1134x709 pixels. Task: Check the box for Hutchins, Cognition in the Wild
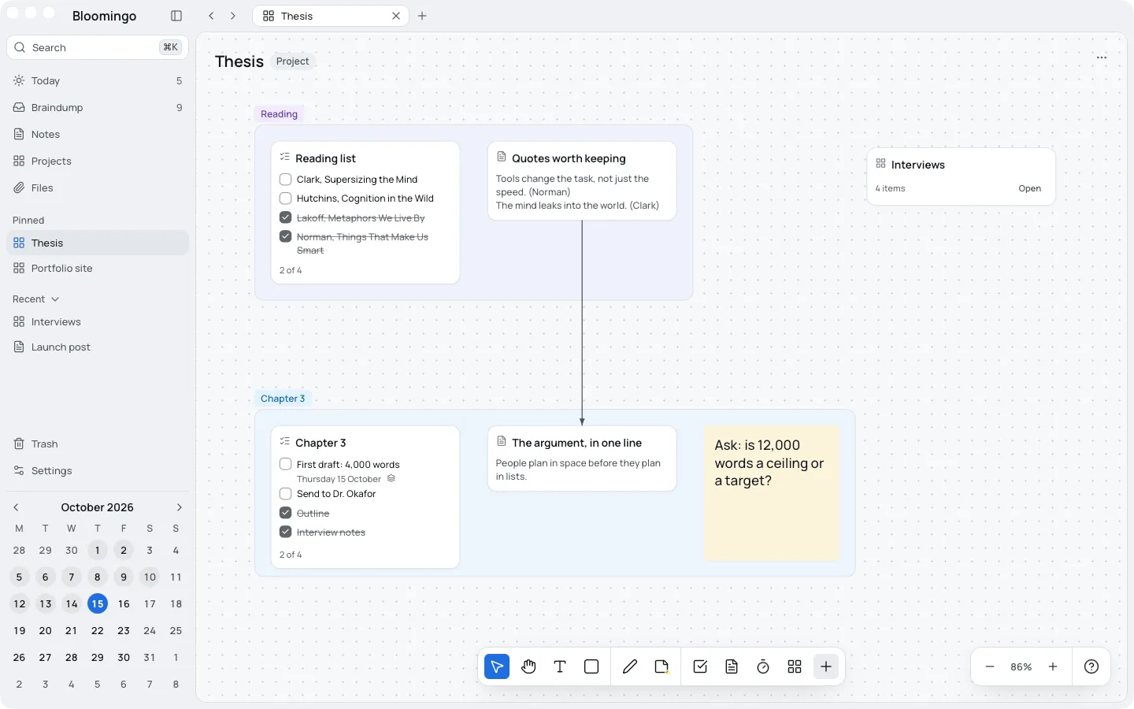(286, 198)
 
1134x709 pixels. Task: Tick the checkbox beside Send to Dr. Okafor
(286, 494)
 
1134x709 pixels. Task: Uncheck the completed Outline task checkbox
(286, 513)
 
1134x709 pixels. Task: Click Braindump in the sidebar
(57, 107)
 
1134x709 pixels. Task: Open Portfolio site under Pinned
(61, 268)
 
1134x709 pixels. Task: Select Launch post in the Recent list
(60, 347)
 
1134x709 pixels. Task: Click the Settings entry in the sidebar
(51, 470)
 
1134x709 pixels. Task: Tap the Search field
(97, 47)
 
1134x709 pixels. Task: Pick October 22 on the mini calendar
(97, 630)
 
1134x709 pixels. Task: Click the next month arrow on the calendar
(179, 507)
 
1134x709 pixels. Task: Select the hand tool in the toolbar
(528, 666)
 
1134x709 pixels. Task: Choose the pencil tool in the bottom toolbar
(630, 666)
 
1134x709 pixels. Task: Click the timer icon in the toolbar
(763, 666)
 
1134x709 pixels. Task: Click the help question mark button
(1091, 666)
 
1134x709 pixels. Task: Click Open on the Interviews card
(1030, 188)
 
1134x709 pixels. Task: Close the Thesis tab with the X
(396, 17)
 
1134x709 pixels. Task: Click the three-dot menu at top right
(1102, 58)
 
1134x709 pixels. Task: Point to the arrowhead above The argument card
(582, 422)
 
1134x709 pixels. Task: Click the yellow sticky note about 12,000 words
(772, 493)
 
